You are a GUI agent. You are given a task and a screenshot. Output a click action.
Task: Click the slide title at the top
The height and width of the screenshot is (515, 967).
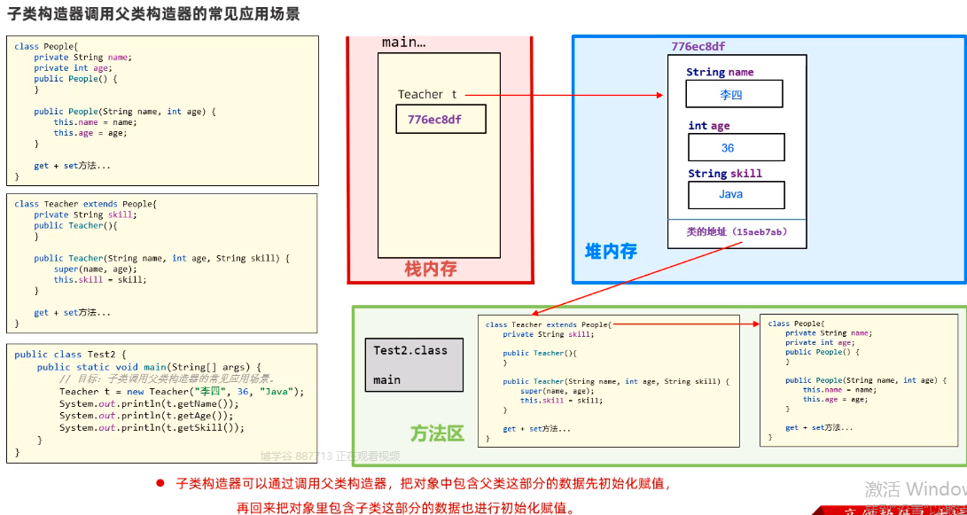pos(153,14)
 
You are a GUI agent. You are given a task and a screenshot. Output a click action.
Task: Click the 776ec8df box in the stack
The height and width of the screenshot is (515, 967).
pos(441,119)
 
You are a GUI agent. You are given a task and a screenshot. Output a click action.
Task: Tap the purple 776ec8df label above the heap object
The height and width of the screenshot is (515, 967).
pos(698,46)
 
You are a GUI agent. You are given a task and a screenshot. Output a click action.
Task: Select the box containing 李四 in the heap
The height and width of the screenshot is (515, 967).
pos(734,94)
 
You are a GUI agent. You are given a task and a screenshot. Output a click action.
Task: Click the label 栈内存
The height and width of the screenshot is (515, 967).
pos(431,269)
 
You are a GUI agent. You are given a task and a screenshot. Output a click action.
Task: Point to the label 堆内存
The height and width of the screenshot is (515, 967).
pos(611,252)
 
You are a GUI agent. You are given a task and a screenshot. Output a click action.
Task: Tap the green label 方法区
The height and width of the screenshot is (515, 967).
pos(437,433)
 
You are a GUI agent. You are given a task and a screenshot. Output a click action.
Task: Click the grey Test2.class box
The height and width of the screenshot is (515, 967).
pos(414,364)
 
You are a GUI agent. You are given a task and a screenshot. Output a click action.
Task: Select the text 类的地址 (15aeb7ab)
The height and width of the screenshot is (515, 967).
pos(737,232)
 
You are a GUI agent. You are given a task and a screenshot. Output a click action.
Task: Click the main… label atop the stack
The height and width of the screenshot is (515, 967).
pos(403,43)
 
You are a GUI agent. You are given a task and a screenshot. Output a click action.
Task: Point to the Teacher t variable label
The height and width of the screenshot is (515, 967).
pos(427,95)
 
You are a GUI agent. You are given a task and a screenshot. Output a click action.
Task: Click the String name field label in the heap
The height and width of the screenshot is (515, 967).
pos(720,73)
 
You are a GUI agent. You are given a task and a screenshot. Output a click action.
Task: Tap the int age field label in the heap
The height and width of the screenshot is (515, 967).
pos(709,126)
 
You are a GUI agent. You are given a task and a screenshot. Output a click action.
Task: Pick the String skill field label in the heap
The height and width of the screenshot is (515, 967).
pos(725,174)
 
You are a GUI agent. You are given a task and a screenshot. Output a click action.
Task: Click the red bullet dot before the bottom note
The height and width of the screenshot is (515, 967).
pos(160,483)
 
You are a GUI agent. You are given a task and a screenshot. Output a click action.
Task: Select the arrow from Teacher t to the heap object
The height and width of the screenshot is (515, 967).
pos(563,95)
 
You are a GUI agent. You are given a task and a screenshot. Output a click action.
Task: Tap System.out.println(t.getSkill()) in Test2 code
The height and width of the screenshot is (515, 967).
pos(152,427)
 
